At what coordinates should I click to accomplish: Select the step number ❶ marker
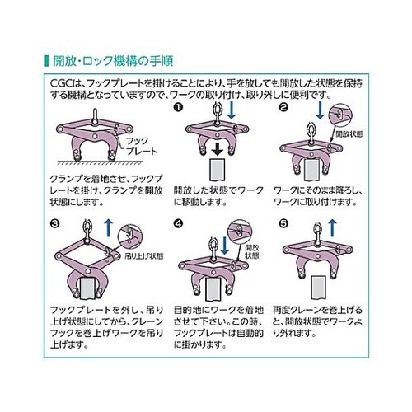click(176, 108)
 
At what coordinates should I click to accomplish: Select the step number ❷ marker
click(283, 108)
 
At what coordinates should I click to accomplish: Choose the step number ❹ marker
click(176, 222)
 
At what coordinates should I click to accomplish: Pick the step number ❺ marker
click(283, 222)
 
